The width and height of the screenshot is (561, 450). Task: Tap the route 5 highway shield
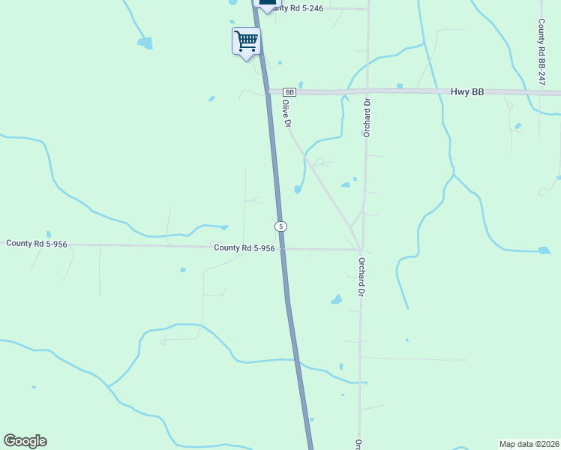coord(280,226)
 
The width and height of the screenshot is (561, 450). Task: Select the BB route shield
coord(290,91)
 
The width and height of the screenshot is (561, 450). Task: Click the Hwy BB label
coord(467,91)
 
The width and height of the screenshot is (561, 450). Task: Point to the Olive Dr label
coord(286,113)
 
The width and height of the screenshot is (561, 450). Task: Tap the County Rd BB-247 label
coord(541,51)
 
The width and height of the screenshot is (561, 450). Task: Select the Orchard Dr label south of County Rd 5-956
coord(361,277)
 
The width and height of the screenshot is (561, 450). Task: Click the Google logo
coord(25,441)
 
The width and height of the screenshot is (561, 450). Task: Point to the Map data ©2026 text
coord(529,443)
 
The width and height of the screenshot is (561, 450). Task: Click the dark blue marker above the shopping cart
coord(267,4)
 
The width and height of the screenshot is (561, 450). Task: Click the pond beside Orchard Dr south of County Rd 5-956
coord(336,300)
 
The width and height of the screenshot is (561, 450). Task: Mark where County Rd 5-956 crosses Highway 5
coord(283,248)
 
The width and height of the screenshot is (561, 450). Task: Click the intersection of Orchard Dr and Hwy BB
coord(367,91)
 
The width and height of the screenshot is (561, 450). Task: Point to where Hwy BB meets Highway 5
coord(268,91)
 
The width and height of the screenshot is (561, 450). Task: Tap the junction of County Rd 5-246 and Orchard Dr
coord(368,9)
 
